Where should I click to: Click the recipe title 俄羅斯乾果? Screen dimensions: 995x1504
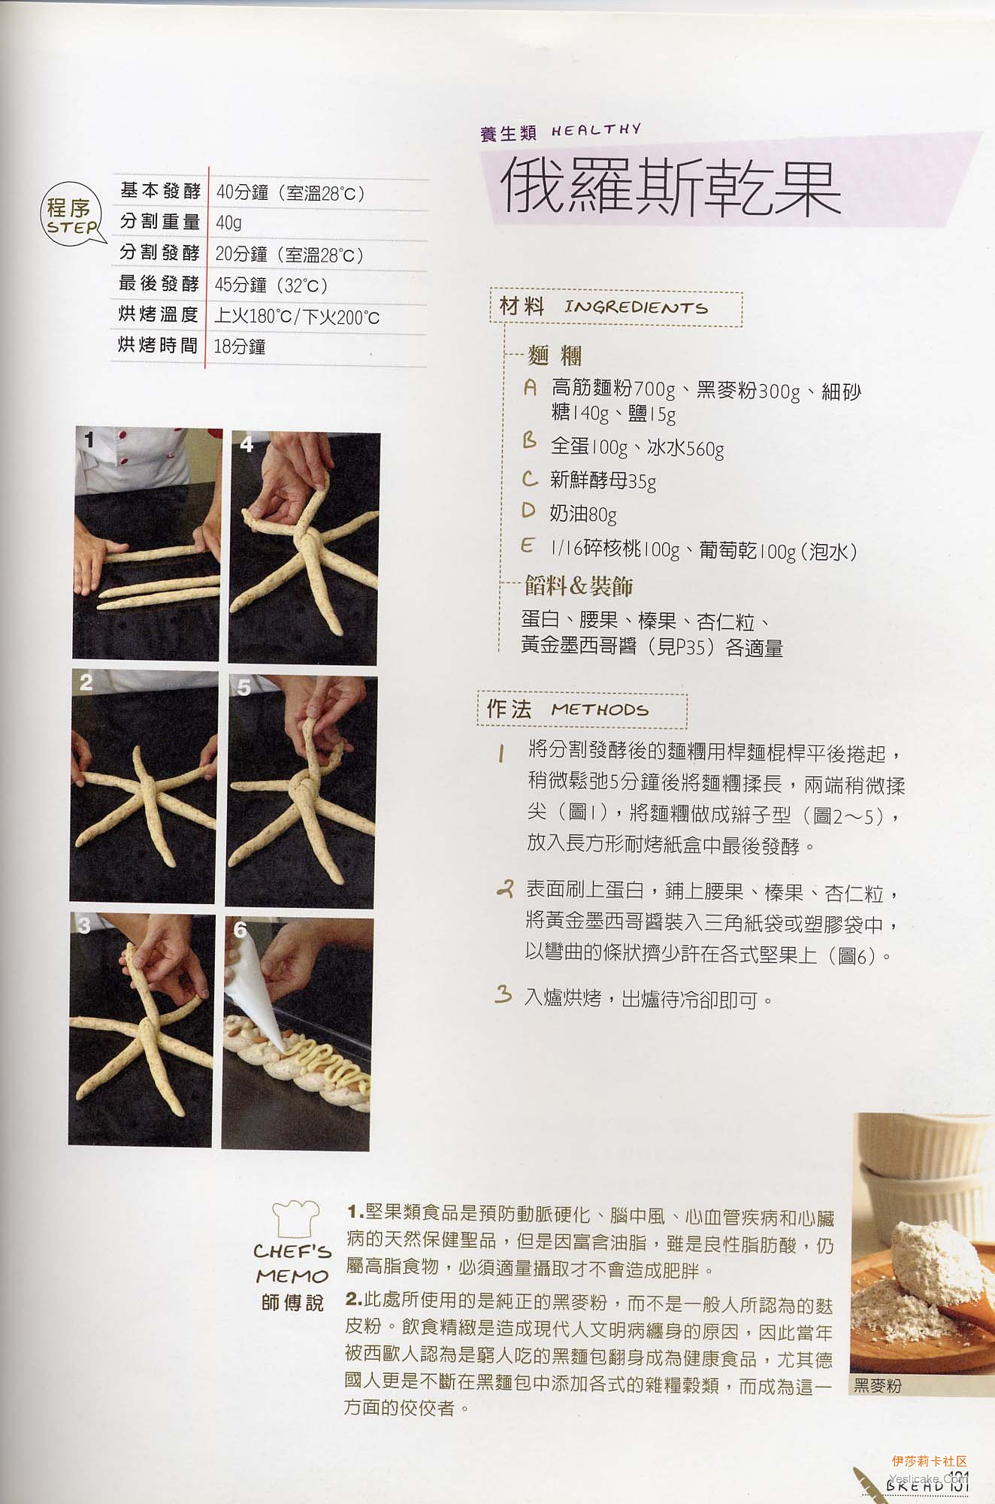pyautogui.click(x=670, y=187)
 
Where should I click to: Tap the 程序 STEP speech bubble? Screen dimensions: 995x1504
pyautogui.click(x=73, y=216)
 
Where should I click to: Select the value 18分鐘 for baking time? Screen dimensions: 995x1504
pyautogui.click(x=240, y=346)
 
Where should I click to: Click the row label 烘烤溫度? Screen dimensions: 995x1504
pyautogui.click(x=158, y=314)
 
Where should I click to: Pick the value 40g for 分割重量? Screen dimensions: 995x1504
pyautogui.click(x=228, y=223)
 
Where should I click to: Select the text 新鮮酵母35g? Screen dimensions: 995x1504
pyautogui.click(x=603, y=480)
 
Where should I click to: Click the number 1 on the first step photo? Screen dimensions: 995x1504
pyautogui.click(x=89, y=440)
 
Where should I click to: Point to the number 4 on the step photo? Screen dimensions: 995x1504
pyautogui.click(x=246, y=444)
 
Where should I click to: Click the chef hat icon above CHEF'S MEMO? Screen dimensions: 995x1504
pyautogui.click(x=295, y=1218)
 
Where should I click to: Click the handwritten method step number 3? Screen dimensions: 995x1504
pyautogui.click(x=503, y=995)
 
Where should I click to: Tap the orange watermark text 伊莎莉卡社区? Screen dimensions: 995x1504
pyautogui.click(x=929, y=1461)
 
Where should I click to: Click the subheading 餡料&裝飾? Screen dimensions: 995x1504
pyautogui.click(x=579, y=586)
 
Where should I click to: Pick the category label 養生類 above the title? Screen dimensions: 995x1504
pyautogui.click(x=509, y=133)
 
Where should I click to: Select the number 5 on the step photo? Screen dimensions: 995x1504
pyautogui.click(x=243, y=687)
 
